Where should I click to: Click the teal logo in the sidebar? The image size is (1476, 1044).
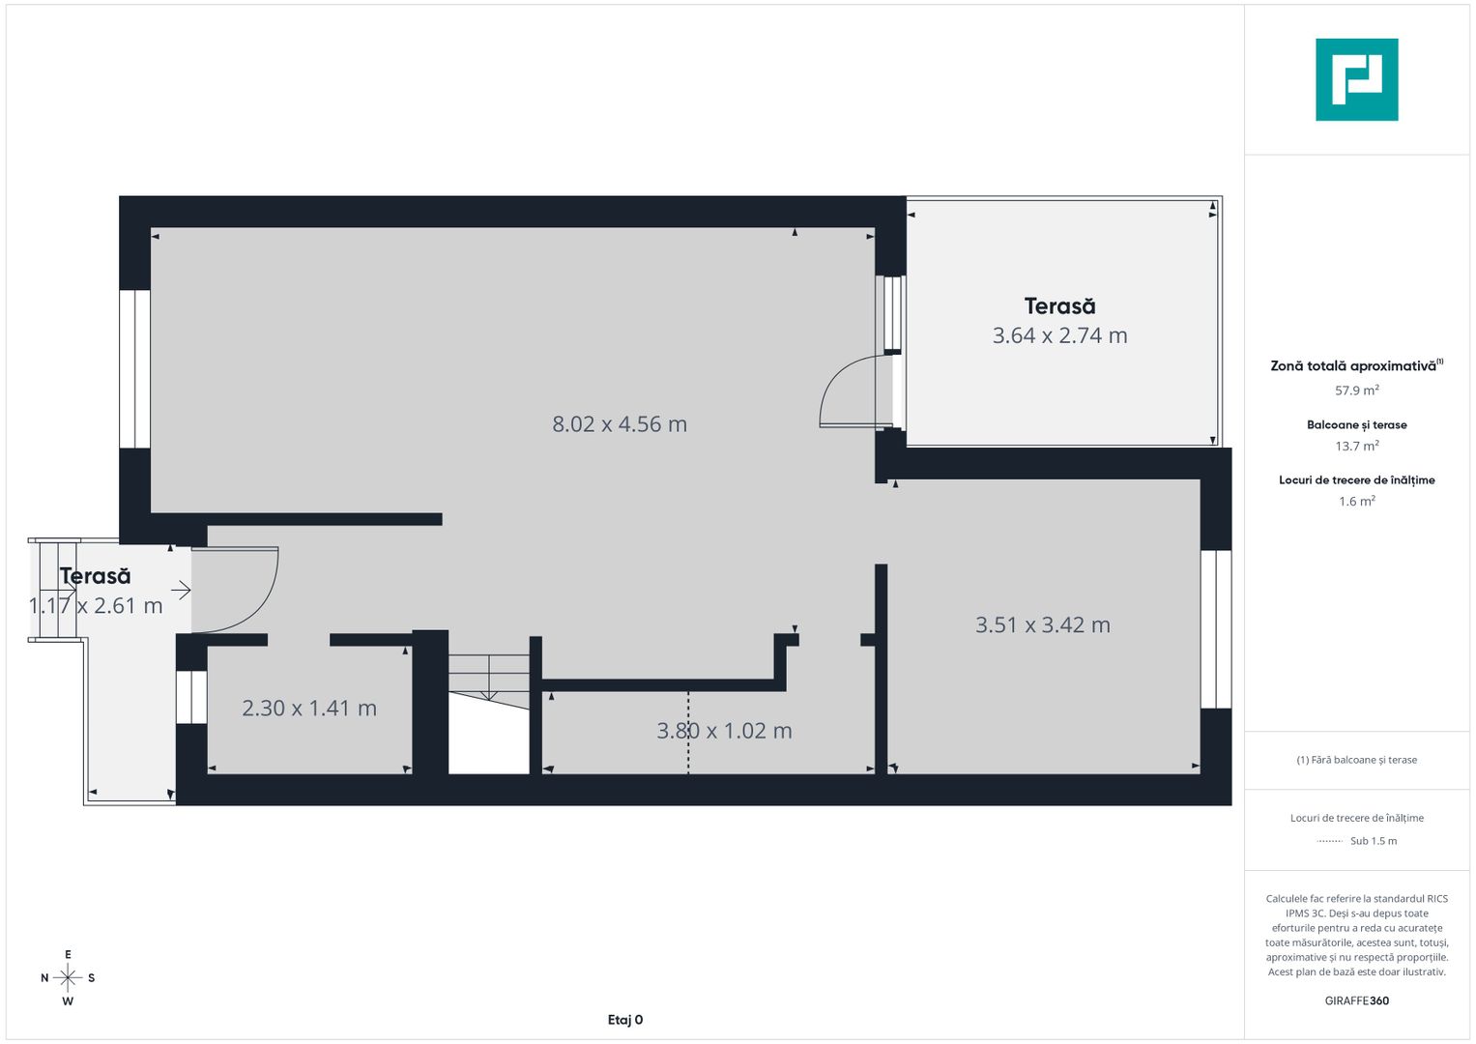pyautogui.click(x=1356, y=79)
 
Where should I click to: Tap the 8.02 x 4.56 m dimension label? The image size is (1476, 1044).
pyautogui.click(x=620, y=424)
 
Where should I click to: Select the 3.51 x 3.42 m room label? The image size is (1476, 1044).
pyautogui.click(x=1042, y=625)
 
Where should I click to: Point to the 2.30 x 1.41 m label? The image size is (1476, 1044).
pyautogui.click(x=308, y=709)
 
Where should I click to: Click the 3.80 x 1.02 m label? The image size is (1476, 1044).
pyautogui.click(x=724, y=731)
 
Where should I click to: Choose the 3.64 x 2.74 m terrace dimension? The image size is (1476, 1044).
pyautogui.click(x=1059, y=335)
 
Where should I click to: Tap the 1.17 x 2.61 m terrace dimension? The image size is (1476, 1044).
pyautogui.click(x=96, y=606)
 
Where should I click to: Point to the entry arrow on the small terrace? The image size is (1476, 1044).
pyautogui.click(x=181, y=590)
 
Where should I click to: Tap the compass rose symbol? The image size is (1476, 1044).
pyautogui.click(x=68, y=978)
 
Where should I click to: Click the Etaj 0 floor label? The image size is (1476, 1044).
pyautogui.click(x=625, y=1020)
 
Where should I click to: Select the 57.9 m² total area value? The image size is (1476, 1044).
pyautogui.click(x=1356, y=391)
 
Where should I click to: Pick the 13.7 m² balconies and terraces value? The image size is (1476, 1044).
pyautogui.click(x=1356, y=446)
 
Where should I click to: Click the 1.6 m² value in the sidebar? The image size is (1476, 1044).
pyautogui.click(x=1356, y=501)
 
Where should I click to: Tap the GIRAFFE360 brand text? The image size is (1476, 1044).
pyautogui.click(x=1356, y=1000)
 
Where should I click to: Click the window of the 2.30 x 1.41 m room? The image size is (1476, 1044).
pyautogui.click(x=191, y=697)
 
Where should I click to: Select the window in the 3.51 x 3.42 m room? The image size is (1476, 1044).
pyautogui.click(x=1216, y=629)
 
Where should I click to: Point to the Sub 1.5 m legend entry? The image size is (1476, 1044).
pyautogui.click(x=1373, y=841)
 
